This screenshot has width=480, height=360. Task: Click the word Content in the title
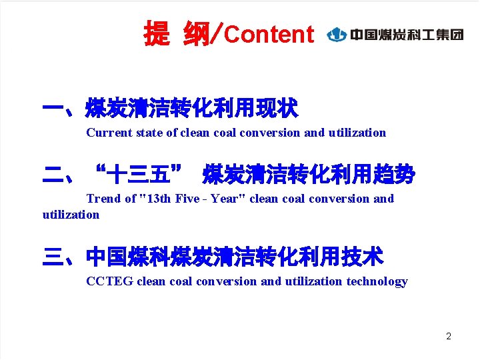tap(269, 34)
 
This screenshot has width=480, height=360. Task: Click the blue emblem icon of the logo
tap(337, 34)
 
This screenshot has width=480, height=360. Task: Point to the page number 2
tap(449, 336)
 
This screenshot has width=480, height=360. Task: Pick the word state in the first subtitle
tap(149, 133)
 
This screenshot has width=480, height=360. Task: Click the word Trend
tap(103, 199)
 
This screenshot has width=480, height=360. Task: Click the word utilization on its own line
tap(71, 215)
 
